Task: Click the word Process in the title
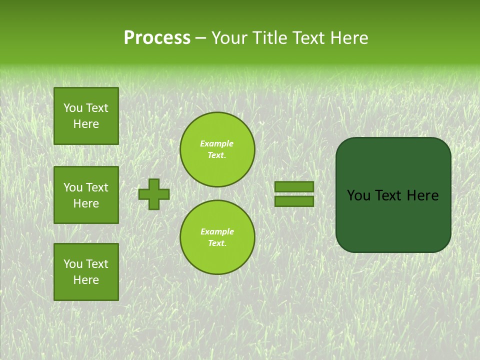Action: coord(157,38)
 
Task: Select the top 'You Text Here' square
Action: coord(86,116)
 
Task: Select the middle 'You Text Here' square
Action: coord(86,195)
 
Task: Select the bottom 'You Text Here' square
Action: coord(86,272)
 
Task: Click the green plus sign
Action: coord(154,194)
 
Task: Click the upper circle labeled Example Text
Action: coord(217,149)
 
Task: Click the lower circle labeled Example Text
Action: coord(217,237)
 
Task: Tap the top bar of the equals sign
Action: coord(294,186)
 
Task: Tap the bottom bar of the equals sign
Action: coord(294,201)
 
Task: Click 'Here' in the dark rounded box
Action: coord(422,195)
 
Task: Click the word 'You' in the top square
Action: coord(73,108)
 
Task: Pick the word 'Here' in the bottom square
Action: coord(86,280)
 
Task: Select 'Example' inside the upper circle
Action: coord(217,143)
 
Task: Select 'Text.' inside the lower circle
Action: coord(217,243)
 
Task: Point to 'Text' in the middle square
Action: coord(97,187)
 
